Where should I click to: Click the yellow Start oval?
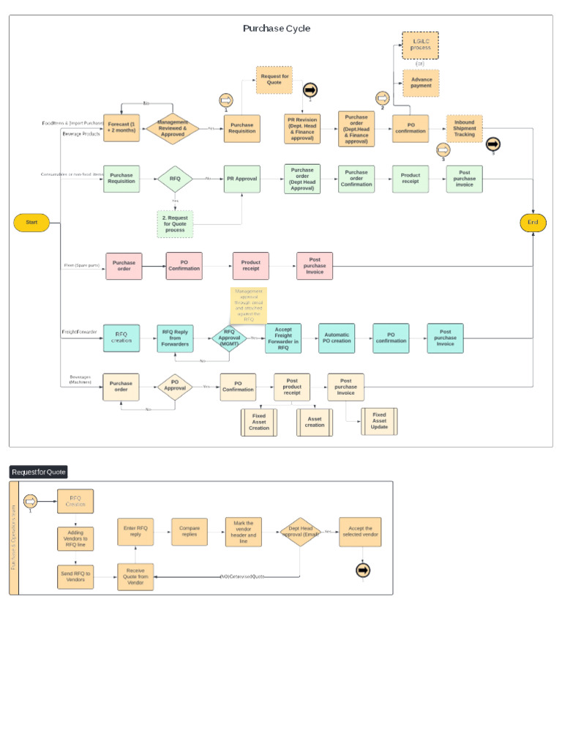coord(31,223)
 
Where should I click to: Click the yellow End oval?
coord(533,223)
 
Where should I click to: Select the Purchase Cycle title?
coord(277,29)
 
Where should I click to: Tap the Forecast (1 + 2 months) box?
coord(121,128)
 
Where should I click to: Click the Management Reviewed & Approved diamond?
coord(172,128)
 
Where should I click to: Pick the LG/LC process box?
coord(421,45)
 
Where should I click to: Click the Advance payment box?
coord(421,83)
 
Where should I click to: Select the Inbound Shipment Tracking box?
coord(465,128)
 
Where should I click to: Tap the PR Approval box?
coord(241,179)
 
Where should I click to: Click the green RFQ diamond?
coord(175,179)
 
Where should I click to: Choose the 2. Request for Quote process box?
coord(175,223)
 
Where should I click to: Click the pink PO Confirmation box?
coord(184,266)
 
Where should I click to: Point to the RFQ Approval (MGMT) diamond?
coord(229,338)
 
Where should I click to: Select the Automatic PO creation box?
coord(337,338)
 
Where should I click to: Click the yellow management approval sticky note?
coord(249,305)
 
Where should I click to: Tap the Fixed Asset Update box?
coord(379,421)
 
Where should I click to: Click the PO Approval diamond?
coord(175,386)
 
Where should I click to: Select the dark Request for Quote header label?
coord(38,472)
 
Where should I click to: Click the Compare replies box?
coord(190,532)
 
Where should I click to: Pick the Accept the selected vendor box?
coord(360,532)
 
